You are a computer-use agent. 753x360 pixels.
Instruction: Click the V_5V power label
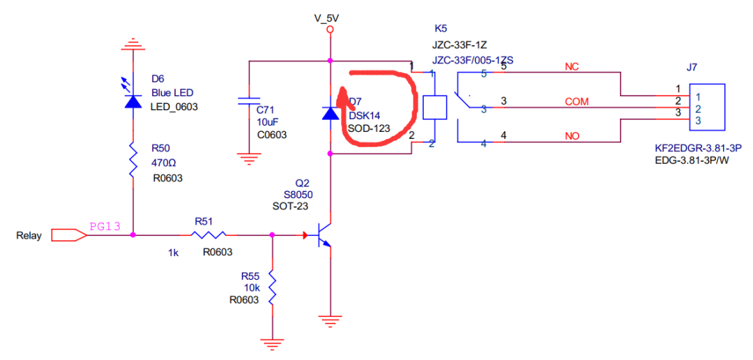point(330,17)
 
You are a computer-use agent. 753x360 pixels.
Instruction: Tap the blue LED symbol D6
point(132,100)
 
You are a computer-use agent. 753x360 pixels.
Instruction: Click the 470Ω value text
point(165,163)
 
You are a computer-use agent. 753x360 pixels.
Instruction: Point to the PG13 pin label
point(105,226)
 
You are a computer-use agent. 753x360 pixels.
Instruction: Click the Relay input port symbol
point(70,235)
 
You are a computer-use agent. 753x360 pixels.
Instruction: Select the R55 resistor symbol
point(271,287)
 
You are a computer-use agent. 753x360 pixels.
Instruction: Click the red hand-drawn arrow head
point(342,93)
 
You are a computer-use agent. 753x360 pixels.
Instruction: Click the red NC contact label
point(572,67)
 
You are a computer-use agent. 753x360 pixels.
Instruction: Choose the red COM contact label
point(577,102)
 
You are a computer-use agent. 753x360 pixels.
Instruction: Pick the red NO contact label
point(572,136)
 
